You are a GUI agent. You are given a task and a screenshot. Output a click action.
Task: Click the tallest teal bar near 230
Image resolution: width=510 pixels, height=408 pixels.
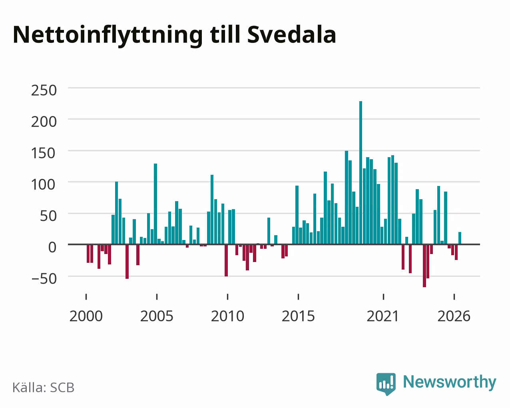tap(361, 173)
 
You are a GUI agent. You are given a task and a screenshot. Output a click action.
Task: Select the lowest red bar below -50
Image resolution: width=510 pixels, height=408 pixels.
tap(424, 266)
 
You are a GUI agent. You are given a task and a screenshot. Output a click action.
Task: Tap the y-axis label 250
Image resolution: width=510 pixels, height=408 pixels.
tap(44, 90)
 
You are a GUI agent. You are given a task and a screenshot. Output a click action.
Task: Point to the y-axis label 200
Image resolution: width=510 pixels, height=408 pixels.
tap(44, 122)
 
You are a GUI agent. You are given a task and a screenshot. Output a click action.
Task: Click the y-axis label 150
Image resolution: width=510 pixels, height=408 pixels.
tap(44, 153)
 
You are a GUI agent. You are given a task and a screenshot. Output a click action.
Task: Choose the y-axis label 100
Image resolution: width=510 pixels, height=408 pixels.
tap(44, 185)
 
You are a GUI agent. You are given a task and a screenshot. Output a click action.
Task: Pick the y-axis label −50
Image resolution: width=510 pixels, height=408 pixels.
tap(44, 279)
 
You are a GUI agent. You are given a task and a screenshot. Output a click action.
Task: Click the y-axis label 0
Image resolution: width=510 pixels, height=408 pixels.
tap(52, 248)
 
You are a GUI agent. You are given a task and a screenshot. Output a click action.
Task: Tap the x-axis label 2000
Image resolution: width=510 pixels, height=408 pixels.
tap(86, 316)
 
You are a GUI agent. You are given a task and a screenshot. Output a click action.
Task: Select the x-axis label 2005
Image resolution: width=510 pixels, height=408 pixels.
tap(157, 316)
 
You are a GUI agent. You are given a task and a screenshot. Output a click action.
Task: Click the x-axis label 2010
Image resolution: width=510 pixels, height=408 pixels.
tap(227, 316)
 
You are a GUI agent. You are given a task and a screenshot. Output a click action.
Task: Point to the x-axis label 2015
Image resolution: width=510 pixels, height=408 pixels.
tap(298, 316)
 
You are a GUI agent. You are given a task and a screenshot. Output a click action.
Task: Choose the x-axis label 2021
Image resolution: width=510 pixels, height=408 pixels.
tap(383, 316)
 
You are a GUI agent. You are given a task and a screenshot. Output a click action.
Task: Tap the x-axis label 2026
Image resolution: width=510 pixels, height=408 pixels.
tap(454, 316)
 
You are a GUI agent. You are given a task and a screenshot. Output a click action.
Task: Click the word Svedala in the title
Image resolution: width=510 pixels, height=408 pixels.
tap(292, 35)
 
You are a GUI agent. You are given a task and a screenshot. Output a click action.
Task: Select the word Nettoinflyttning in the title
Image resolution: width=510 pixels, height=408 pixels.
tap(108, 36)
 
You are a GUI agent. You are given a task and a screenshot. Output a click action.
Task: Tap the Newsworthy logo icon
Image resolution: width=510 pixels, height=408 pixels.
tap(386, 384)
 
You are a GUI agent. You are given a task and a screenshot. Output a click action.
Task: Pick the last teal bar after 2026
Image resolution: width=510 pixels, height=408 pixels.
tap(460, 238)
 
